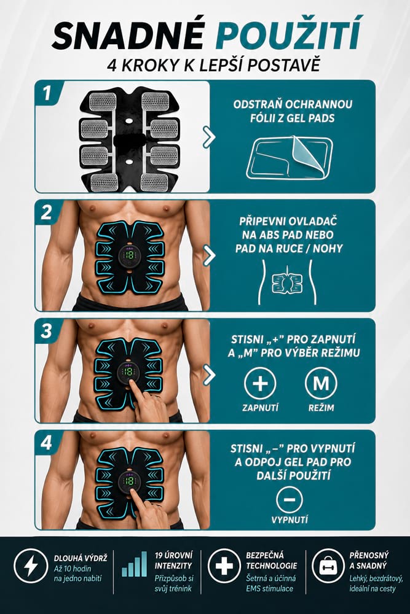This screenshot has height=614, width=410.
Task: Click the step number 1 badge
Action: point(47,93)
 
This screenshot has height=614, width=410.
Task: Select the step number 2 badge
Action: point(46,212)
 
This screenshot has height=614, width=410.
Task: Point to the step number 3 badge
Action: point(46,332)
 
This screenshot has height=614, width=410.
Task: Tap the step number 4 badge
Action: point(46,443)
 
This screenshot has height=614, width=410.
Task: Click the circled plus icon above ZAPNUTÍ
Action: point(260,383)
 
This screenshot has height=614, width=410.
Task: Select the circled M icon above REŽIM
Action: point(321,383)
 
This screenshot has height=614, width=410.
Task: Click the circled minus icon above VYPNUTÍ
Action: point(290,499)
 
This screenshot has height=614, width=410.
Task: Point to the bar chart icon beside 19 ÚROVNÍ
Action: point(135,564)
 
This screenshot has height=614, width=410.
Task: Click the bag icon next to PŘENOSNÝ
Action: point(328,565)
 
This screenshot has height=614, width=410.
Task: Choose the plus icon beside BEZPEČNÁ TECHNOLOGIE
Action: point(224,565)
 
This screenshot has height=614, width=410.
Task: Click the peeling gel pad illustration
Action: point(290,158)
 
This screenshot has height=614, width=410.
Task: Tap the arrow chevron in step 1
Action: point(210,137)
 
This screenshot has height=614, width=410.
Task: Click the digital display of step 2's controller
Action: point(129,255)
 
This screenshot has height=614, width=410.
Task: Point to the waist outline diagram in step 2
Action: point(287,282)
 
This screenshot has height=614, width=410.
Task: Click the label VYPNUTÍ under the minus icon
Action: point(290,519)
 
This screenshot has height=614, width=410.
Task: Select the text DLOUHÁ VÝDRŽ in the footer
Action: point(81,558)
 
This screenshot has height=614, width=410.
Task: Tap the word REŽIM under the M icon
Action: point(321,408)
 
